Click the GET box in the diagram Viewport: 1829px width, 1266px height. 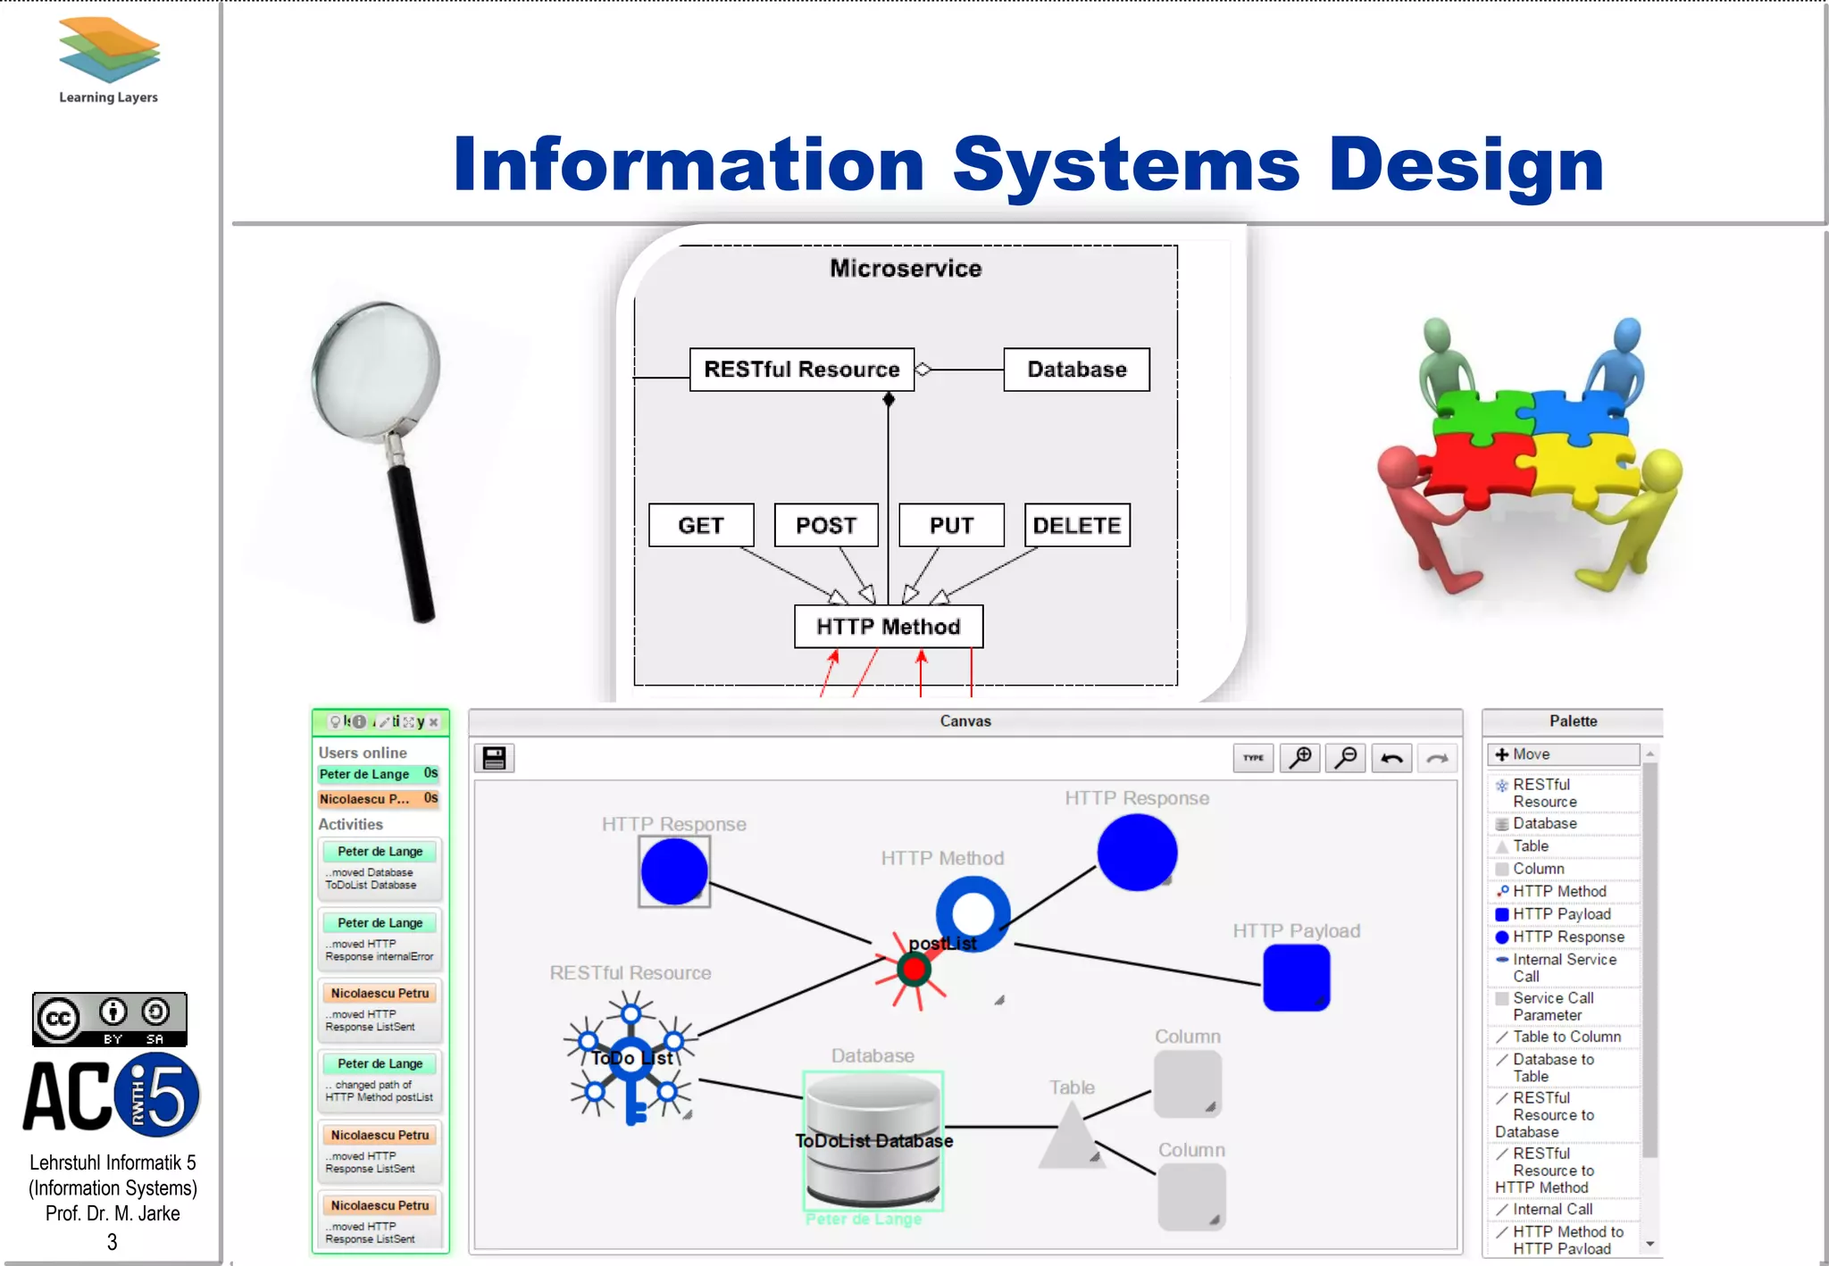[x=701, y=525]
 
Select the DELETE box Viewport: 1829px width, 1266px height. [x=1077, y=525]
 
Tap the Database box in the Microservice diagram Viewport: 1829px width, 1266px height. [x=1076, y=370]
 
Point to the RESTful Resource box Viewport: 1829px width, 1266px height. [x=801, y=370]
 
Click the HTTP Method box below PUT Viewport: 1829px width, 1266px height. [x=888, y=627]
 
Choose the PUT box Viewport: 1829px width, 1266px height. [x=951, y=525]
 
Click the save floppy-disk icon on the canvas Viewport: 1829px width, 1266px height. [x=494, y=758]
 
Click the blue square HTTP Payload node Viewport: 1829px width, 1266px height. [x=1296, y=978]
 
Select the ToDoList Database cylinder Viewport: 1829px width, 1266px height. [x=873, y=1140]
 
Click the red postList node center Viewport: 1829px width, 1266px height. [x=914, y=969]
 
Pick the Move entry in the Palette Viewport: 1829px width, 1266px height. [x=1563, y=754]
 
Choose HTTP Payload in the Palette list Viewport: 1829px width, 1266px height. [x=1561, y=914]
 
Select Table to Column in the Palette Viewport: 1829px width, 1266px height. [x=1566, y=1037]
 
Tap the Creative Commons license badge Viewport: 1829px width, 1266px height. [x=109, y=1019]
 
